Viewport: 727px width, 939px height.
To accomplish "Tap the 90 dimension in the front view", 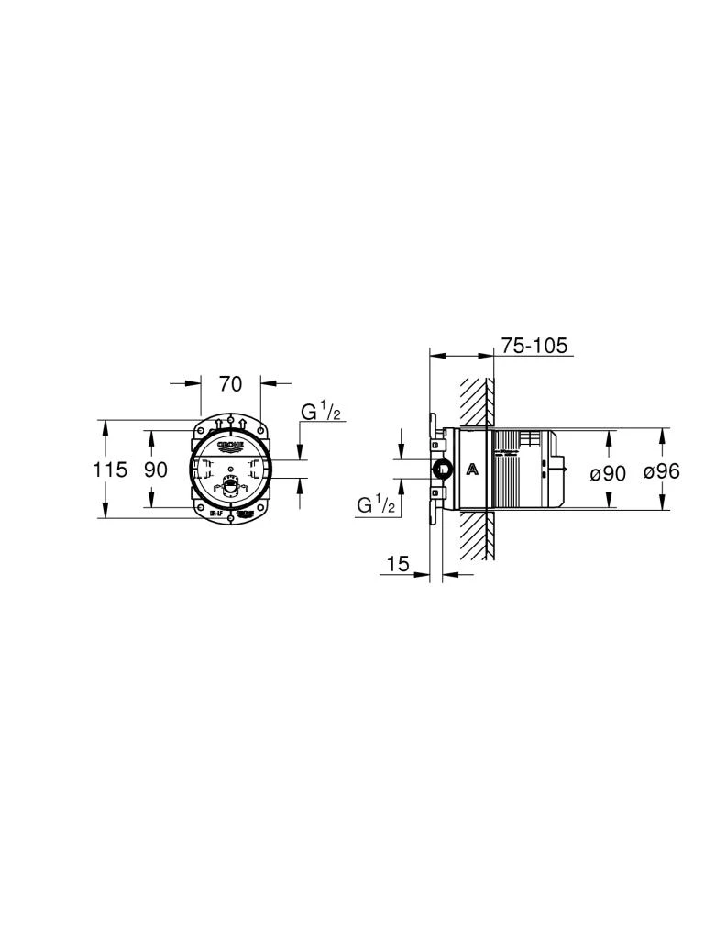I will click(156, 469).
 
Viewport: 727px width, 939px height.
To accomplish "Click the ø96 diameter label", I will click(661, 472).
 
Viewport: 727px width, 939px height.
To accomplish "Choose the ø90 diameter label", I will click(607, 472).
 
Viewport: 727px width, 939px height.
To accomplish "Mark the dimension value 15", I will click(397, 564).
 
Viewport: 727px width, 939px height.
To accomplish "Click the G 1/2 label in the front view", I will click(321, 413).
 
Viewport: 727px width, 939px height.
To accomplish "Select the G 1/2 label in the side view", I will click(376, 503).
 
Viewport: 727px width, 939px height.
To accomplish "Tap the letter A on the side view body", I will click(471, 469).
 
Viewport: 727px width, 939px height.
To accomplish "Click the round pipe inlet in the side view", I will click(442, 470).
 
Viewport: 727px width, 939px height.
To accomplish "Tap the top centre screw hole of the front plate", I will click(230, 421).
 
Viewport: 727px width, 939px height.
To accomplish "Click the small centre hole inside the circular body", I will click(230, 477).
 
